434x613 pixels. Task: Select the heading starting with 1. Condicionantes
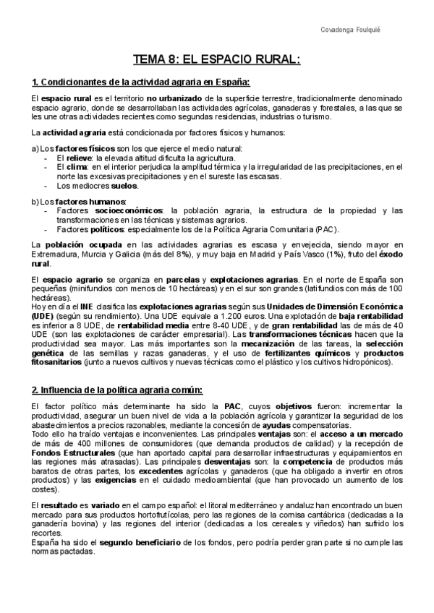(141, 82)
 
